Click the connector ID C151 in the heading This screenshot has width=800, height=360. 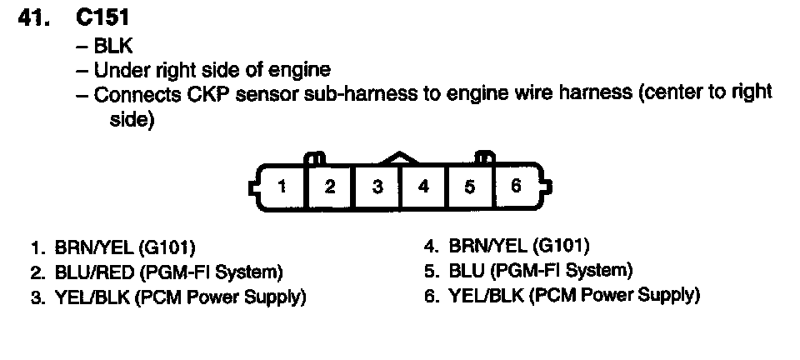pos(101,17)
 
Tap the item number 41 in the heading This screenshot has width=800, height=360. pos(36,17)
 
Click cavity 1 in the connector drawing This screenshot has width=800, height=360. pos(283,185)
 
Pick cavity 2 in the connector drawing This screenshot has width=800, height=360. pos(330,185)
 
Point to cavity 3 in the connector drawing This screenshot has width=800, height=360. pos(377,185)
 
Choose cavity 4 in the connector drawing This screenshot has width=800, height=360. pos(423,185)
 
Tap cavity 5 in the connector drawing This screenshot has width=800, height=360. pos(470,185)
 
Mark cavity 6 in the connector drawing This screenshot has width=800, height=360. pos(516,185)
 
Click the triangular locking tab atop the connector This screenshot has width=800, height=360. pos(400,157)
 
